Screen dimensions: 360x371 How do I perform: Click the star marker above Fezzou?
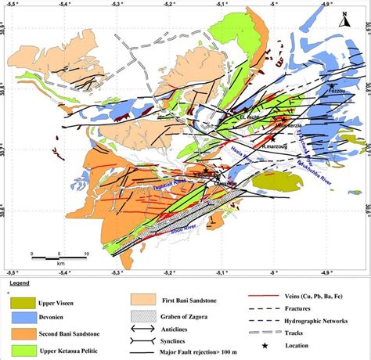333,85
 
